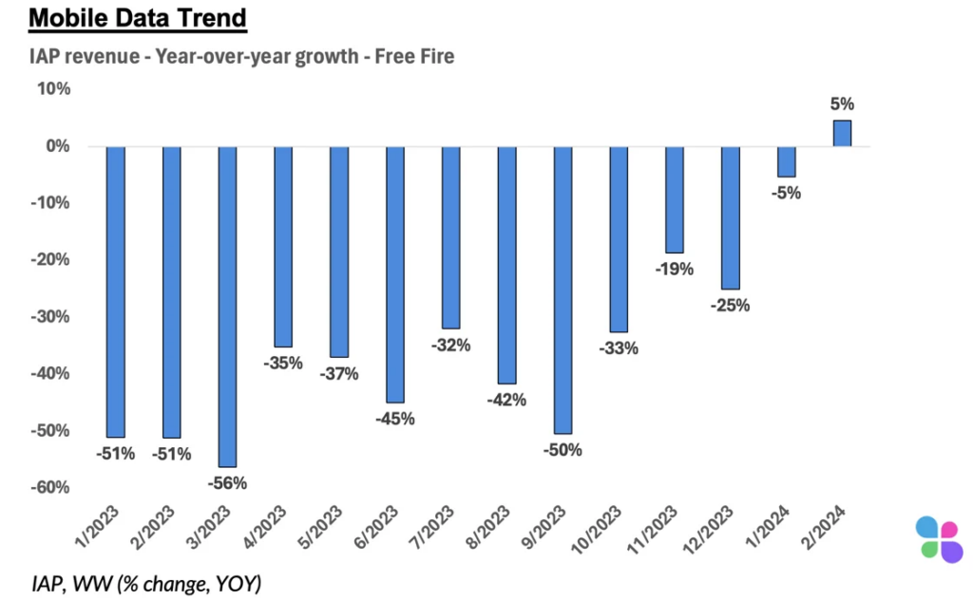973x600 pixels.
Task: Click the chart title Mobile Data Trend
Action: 138,18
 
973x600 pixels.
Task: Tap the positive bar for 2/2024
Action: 842,134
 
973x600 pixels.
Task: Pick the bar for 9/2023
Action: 563,289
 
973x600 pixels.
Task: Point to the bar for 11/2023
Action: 675,199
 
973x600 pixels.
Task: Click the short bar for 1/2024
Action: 787,161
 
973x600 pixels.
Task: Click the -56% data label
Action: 228,482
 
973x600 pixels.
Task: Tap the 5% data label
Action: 843,104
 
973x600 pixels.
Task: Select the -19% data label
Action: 675,269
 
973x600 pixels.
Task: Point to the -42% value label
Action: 506,400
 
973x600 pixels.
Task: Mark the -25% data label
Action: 731,306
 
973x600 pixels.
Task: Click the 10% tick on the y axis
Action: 53,89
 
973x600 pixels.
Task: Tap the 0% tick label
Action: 58,146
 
